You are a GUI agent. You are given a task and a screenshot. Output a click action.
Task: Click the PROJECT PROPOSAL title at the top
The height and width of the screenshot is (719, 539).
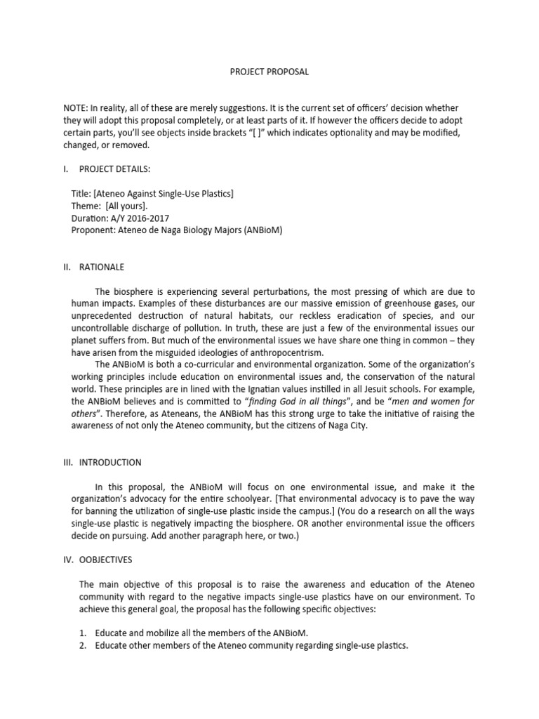pos(269,72)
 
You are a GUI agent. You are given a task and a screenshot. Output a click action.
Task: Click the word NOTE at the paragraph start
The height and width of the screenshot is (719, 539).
pos(76,107)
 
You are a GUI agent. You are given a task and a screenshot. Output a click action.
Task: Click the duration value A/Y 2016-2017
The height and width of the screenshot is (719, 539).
pos(144,218)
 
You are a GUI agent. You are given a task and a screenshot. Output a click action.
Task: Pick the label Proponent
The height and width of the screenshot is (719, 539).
pos(92,230)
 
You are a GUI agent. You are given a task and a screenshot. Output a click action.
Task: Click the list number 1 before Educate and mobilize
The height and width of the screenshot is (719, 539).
pos(82,633)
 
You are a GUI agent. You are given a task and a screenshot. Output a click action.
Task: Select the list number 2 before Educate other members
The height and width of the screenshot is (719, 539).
pos(82,645)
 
